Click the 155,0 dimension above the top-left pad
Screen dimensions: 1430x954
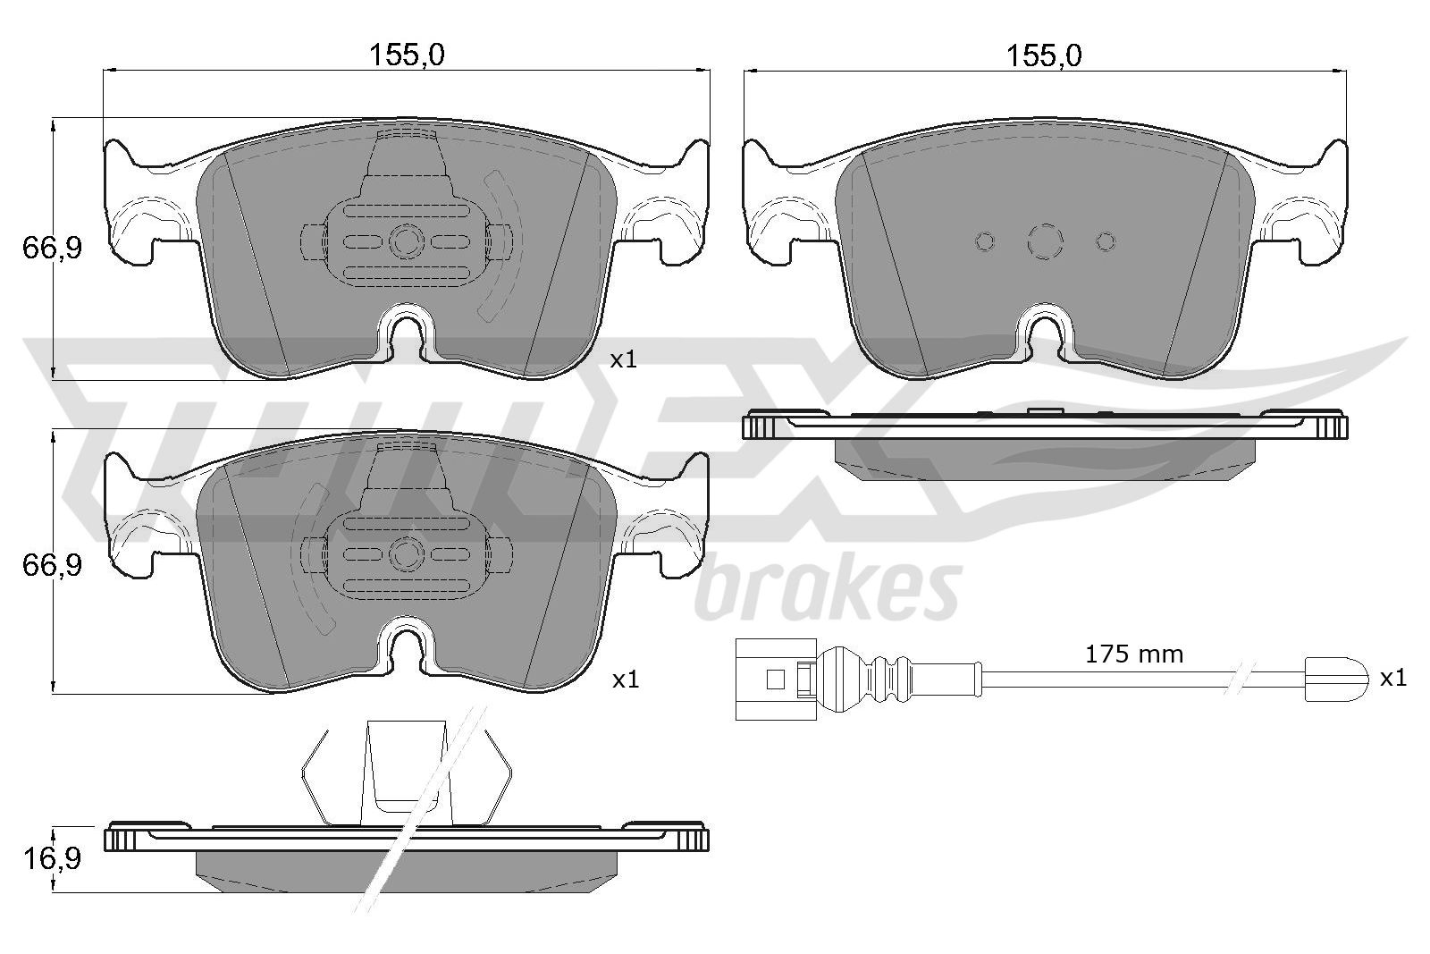[x=407, y=56]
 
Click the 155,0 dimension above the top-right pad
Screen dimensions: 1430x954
[x=1045, y=56]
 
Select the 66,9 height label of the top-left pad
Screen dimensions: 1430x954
[x=53, y=248]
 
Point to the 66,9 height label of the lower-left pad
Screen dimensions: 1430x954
[x=53, y=565]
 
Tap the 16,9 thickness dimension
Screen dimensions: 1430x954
[x=53, y=859]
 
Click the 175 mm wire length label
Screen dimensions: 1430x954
[x=1134, y=654]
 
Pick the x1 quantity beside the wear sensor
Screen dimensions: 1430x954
[x=1393, y=678]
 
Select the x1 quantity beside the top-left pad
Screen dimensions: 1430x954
[x=624, y=360]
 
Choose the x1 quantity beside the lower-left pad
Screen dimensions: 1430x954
[x=626, y=680]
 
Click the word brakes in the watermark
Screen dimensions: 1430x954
[x=828, y=590]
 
